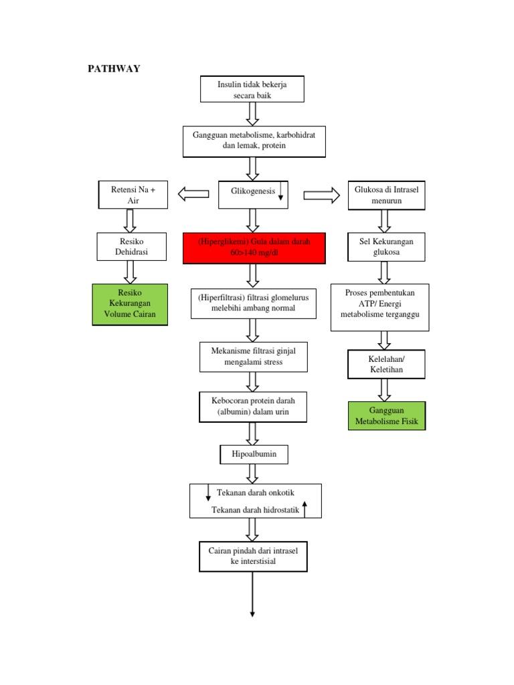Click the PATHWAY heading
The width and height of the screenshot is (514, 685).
(114, 69)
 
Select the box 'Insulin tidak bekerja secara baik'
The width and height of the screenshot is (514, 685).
(252, 89)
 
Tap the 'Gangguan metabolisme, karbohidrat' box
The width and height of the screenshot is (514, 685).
(254, 142)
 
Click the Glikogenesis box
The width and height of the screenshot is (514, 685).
(253, 195)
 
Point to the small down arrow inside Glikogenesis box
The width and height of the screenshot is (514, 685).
(280, 192)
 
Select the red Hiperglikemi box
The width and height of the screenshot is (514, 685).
(254, 248)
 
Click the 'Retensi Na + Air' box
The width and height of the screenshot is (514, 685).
(133, 195)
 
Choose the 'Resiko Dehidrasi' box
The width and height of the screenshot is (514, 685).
(132, 247)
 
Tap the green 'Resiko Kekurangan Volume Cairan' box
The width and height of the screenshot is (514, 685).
(130, 304)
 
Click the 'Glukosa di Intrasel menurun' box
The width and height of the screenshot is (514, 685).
(386, 195)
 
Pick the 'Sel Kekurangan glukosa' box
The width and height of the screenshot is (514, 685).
(386, 247)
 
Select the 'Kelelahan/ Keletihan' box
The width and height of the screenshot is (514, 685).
(386, 364)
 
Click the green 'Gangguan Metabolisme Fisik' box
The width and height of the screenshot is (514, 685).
(387, 416)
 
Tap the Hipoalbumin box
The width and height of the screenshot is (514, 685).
(254, 454)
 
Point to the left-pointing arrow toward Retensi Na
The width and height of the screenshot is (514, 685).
(193, 194)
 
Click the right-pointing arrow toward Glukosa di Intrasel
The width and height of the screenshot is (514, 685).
(322, 195)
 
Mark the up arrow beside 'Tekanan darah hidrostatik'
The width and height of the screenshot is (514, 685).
(305, 509)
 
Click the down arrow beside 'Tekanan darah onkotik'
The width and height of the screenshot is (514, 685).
(208, 493)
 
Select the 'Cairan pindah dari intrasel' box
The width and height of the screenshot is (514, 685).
(253, 557)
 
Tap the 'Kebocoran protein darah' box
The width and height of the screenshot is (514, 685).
(253, 407)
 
